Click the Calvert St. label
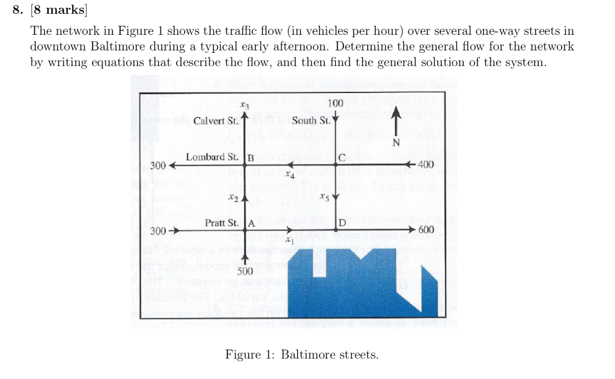[x=216, y=121]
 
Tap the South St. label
[x=311, y=121]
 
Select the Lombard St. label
[x=212, y=157]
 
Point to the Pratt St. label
[x=222, y=223]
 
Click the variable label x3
[x=244, y=105]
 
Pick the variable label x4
[x=290, y=176]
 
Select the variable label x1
[x=289, y=240]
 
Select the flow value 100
[x=336, y=103]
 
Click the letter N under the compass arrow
[x=395, y=142]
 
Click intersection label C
[x=341, y=159]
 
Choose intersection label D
[x=341, y=223]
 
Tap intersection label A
[x=252, y=223]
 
